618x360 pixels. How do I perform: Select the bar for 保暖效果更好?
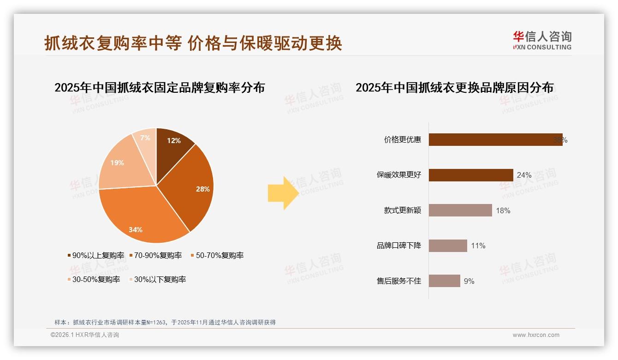471,175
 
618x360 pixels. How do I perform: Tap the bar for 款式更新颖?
460,210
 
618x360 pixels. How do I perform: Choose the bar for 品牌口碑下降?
448,246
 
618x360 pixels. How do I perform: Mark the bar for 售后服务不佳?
444,281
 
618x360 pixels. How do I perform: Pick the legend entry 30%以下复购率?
160,279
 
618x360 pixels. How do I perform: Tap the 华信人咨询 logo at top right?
542,41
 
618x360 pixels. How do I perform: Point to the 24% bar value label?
524,175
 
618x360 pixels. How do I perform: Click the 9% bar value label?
469,281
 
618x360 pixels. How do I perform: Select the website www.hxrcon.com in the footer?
536,335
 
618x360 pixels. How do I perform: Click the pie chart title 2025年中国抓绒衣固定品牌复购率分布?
160,88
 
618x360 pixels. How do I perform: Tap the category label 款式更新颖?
403,210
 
